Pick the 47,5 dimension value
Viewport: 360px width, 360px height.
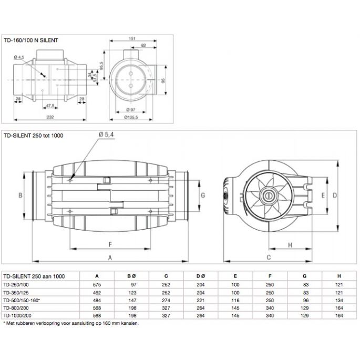(50, 105)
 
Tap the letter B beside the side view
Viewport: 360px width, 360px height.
(19, 194)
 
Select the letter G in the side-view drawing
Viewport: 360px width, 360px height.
(203, 194)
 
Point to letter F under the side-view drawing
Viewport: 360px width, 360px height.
(109, 244)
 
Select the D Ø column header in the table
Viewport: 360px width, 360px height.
(200, 275)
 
